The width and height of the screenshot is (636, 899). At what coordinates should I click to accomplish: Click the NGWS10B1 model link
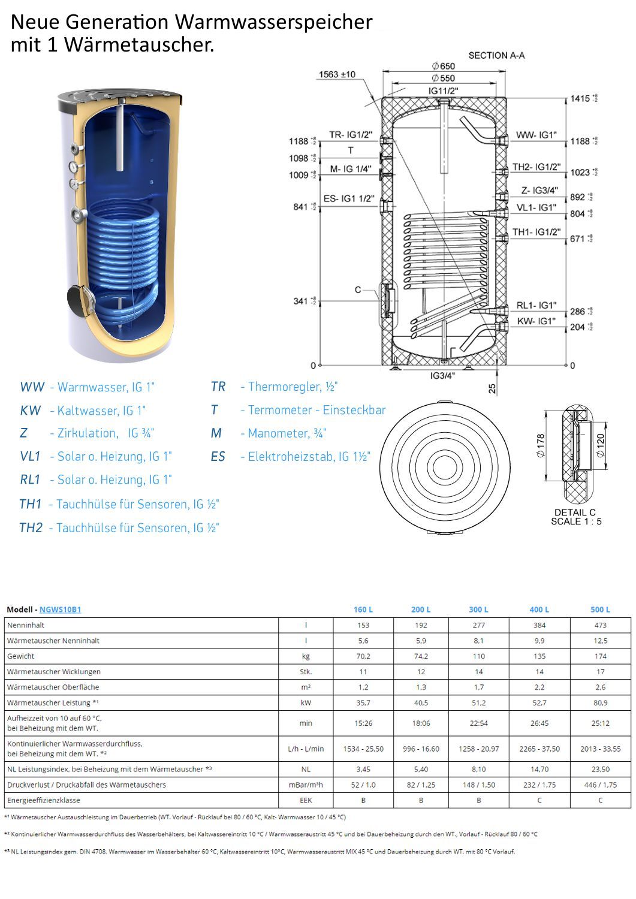(x=60, y=610)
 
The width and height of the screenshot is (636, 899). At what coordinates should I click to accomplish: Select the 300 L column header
(x=478, y=610)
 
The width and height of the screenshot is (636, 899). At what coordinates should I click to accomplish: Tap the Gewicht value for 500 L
(x=600, y=656)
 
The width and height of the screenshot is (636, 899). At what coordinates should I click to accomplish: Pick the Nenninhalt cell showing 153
(x=363, y=625)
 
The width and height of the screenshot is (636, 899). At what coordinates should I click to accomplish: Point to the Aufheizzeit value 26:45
(x=539, y=723)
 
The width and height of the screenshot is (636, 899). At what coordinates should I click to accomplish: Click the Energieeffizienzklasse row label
(x=44, y=800)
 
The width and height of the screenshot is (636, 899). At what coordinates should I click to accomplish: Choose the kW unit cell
(x=306, y=703)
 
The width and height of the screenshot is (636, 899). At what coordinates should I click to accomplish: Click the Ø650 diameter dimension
(x=444, y=66)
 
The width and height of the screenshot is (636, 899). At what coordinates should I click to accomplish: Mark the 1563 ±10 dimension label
(x=336, y=74)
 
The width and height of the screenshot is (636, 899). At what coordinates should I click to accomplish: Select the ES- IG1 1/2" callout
(x=348, y=198)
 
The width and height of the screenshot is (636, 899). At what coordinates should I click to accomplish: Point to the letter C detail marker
(x=358, y=290)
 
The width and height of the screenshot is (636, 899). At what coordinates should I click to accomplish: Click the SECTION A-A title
(x=496, y=55)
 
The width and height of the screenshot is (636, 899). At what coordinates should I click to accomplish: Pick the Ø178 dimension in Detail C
(x=541, y=446)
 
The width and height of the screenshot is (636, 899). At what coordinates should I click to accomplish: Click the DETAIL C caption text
(x=575, y=512)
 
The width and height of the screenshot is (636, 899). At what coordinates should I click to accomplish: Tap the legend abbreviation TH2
(x=31, y=528)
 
